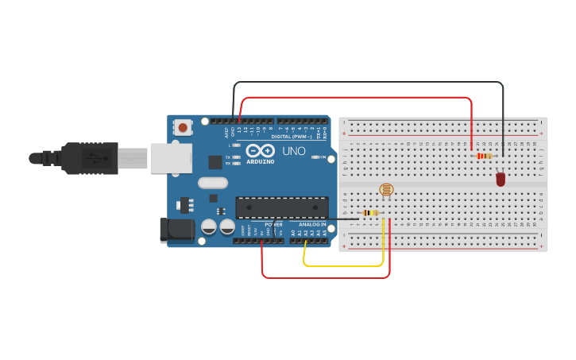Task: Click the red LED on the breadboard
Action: pos(501,180)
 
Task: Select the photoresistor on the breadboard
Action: pos(386,190)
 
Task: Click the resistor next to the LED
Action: pos(484,156)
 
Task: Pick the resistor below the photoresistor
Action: pos(369,213)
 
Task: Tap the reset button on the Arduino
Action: pos(184,127)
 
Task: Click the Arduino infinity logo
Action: pos(260,150)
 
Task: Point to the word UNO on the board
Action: pos(294,151)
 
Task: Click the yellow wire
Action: pos(342,265)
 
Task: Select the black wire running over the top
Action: pos(365,82)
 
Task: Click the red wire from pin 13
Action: pos(358,98)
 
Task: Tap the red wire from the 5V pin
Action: pos(326,277)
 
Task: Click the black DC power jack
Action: pos(176,230)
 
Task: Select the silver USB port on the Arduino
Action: pos(171,157)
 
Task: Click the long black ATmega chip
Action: pos(281,207)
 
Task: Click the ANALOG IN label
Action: pos(312,224)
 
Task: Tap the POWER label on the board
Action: pos(273,224)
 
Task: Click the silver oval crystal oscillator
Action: pos(213,183)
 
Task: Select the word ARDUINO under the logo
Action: pos(260,161)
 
